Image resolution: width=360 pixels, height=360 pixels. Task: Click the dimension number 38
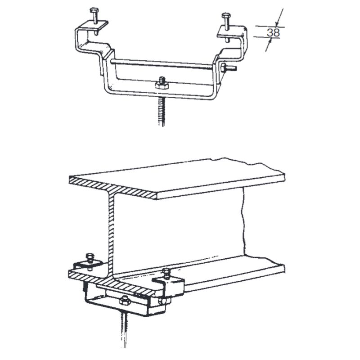[x=273, y=32]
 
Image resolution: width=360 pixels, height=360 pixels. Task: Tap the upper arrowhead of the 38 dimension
[x=277, y=23]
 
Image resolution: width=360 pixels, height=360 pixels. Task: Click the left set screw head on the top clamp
[x=94, y=10]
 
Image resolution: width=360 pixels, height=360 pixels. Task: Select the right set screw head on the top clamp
[x=225, y=15]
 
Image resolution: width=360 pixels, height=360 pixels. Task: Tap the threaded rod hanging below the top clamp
[x=162, y=112]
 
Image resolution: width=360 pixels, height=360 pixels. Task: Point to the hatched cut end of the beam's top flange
[x=112, y=188]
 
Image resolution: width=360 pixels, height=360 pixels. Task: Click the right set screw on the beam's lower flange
[x=166, y=273]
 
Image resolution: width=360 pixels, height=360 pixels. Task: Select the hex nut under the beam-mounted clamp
[x=124, y=301]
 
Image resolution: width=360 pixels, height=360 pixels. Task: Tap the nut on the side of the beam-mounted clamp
[x=162, y=301]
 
